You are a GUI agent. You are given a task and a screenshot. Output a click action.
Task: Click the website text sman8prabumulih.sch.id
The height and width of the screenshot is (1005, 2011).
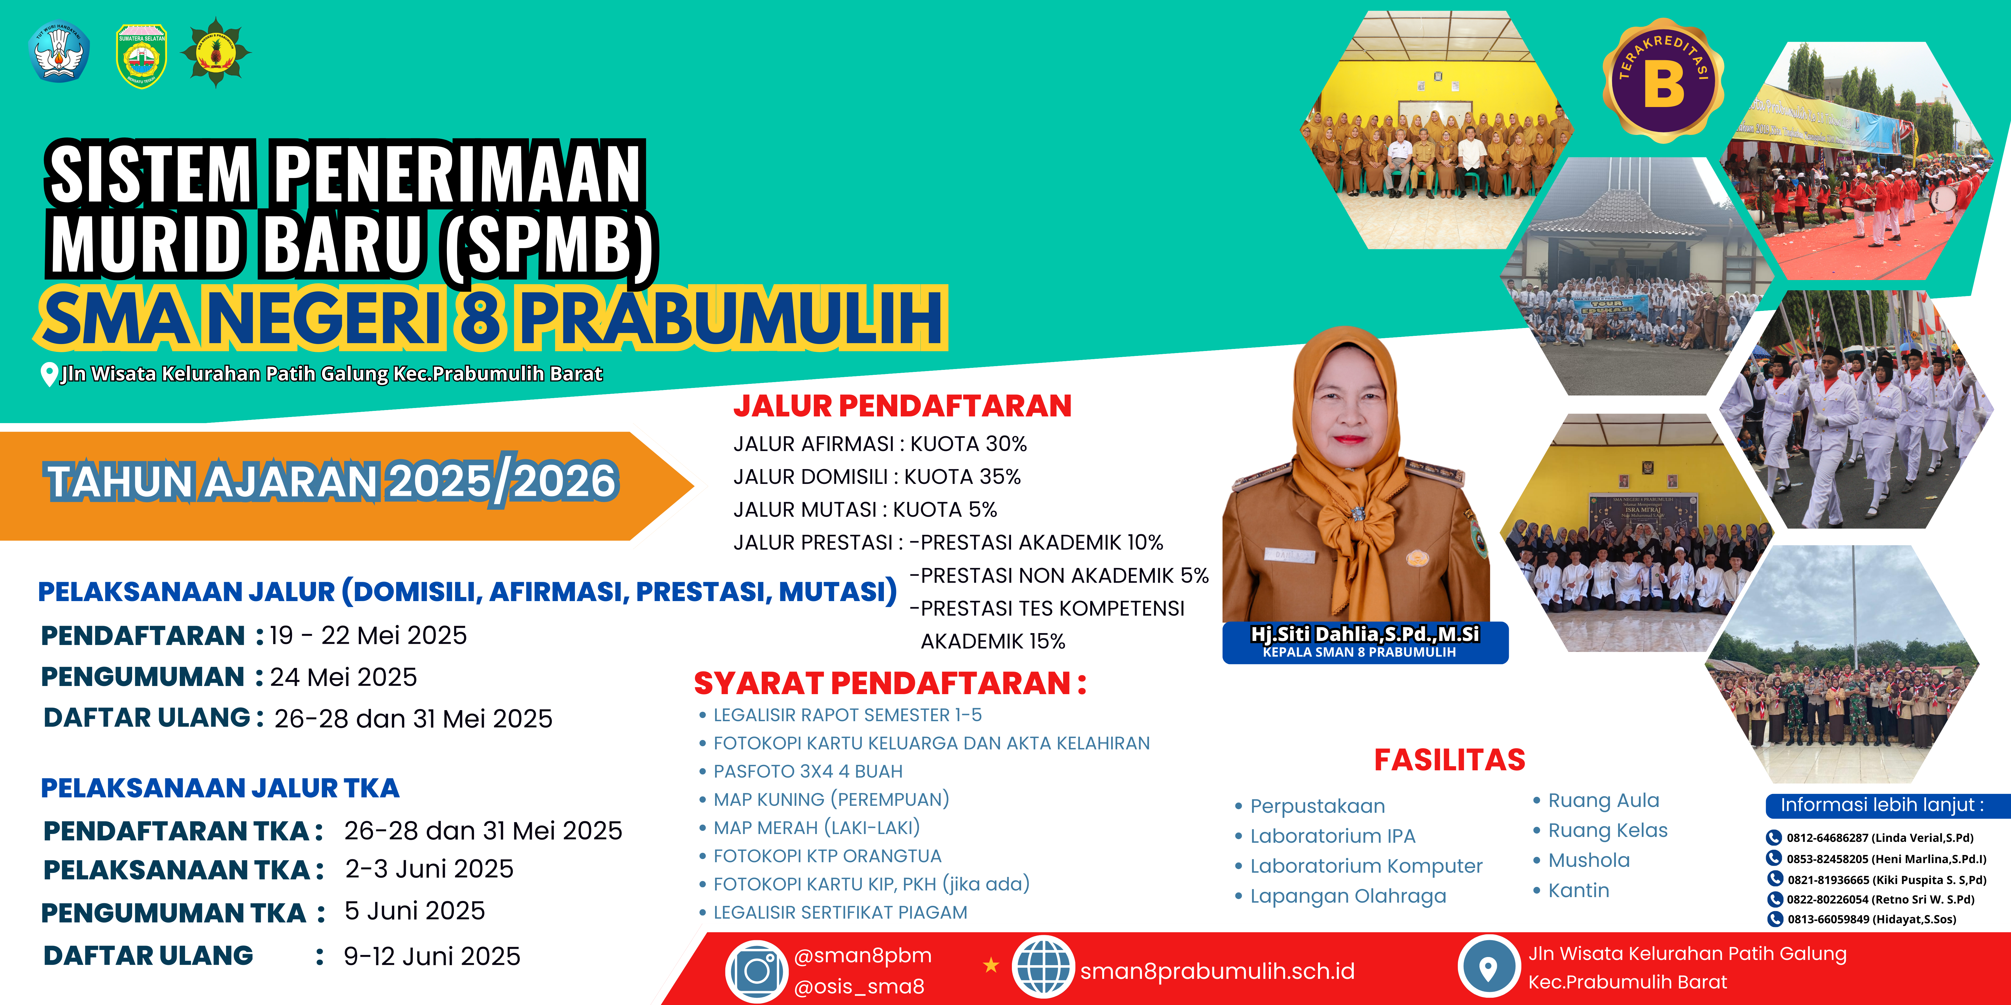tap(1217, 972)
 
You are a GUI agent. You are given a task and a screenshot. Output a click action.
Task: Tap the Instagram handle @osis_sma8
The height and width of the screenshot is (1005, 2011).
tap(859, 987)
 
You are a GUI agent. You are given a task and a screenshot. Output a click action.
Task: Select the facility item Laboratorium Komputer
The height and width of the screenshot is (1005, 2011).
tap(1366, 866)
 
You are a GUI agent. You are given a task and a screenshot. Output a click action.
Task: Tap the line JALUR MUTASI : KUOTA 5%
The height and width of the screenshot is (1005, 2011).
tap(865, 509)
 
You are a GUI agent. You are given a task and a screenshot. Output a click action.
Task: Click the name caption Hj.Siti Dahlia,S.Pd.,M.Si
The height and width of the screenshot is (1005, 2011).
tap(1365, 634)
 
